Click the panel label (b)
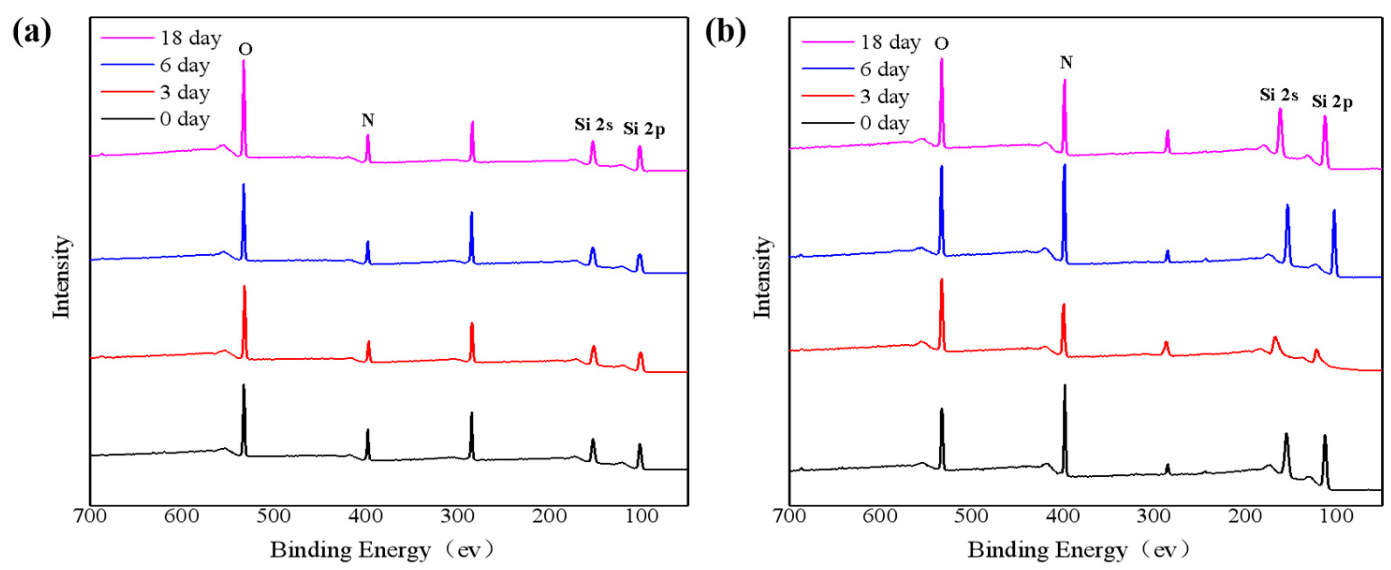pos(725,32)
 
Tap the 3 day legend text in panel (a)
pos(185,92)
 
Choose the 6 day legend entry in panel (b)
pos(884,69)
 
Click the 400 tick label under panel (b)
pos(1063,516)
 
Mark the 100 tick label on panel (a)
pos(640,516)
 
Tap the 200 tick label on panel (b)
pos(1245,516)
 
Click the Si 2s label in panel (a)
pos(593,125)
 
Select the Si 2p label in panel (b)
pos(1332,102)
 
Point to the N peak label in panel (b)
pos(1066,63)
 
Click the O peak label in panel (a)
pos(245,50)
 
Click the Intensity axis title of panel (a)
pos(61,277)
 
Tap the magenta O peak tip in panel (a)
pos(243,60)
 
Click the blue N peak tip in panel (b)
pos(1064,165)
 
